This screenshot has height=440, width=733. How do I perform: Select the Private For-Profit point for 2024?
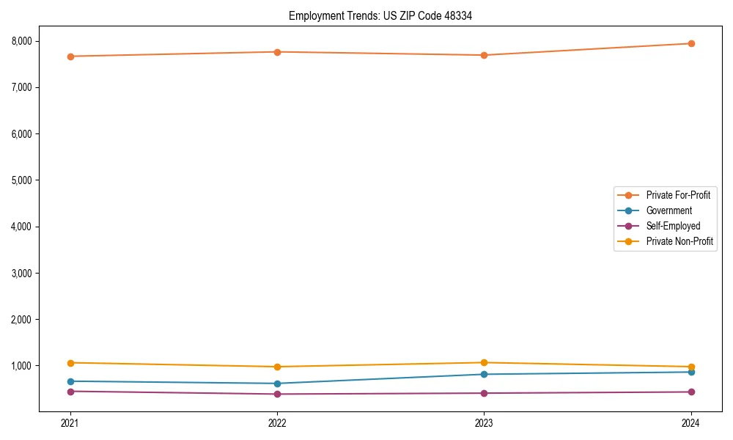coord(691,43)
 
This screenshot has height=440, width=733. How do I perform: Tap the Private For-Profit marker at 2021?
coord(70,56)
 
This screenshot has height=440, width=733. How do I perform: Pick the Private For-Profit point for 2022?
coord(277,52)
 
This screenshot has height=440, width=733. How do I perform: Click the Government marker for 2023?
coord(484,374)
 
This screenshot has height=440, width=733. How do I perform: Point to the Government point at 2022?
coord(277,384)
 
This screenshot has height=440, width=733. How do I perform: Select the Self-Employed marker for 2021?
coord(70,391)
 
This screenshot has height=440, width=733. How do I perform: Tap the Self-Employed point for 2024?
coord(691,392)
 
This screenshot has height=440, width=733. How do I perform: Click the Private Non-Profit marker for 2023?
coord(484,362)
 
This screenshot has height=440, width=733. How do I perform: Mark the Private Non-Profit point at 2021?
coord(70,363)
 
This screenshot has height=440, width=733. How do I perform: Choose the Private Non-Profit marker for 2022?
coord(277,367)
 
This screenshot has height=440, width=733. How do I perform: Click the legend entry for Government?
coord(668,210)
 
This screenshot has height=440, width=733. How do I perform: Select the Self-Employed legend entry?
coord(673,226)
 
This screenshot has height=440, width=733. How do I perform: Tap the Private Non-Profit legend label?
coord(679,241)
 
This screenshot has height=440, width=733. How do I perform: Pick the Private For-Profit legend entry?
coord(678,195)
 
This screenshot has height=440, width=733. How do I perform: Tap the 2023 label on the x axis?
coord(484,423)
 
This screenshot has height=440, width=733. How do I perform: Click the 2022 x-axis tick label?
coord(277,423)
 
